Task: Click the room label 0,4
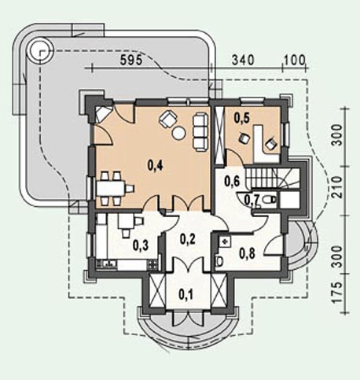click(x=156, y=165)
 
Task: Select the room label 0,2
click(x=189, y=239)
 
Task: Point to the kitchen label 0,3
click(x=141, y=245)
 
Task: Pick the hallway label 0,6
click(x=232, y=181)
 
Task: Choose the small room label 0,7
click(x=252, y=199)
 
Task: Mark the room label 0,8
click(x=246, y=253)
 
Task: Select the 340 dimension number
click(x=244, y=61)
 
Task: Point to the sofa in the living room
click(x=200, y=125)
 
